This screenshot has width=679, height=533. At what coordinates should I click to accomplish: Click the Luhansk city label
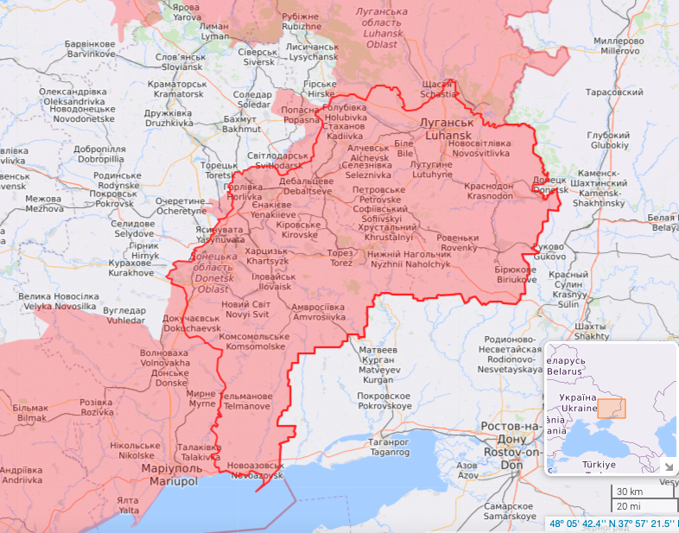coord(446,130)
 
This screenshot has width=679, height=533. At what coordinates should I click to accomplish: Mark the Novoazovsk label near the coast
coord(255,471)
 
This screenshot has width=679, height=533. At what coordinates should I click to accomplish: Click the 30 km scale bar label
coord(630,492)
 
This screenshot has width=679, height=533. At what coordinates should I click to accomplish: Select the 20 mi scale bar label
coord(629,506)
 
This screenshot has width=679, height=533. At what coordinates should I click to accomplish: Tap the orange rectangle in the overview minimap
coord(611,409)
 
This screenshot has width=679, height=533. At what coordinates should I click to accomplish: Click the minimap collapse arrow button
coord(667,467)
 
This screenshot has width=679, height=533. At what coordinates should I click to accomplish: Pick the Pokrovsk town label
coord(111,199)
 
